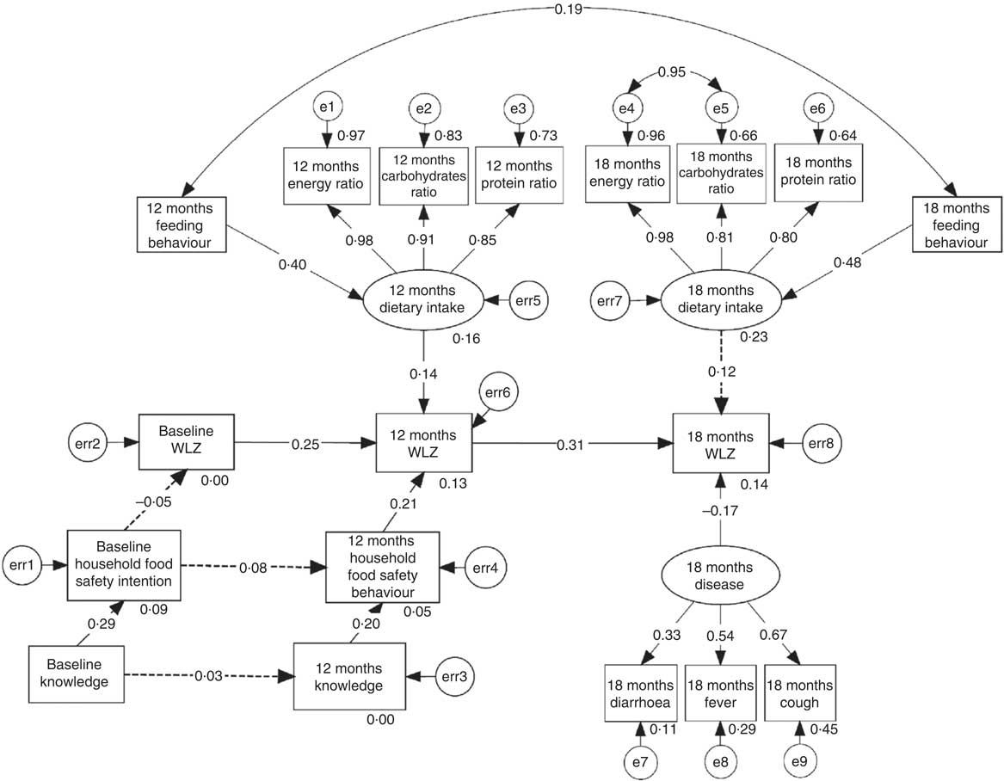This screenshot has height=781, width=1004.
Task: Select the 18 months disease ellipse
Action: pos(721,578)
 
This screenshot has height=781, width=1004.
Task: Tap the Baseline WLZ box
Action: pos(186,444)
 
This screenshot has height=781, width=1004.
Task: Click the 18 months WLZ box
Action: pos(721,444)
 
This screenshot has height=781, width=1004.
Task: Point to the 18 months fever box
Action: pos(719,696)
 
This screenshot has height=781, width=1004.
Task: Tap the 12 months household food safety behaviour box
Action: pos(381,567)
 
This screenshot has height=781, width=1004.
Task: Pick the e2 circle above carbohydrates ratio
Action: pos(423,109)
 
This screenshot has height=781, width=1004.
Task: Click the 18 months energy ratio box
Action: pos(625,174)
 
